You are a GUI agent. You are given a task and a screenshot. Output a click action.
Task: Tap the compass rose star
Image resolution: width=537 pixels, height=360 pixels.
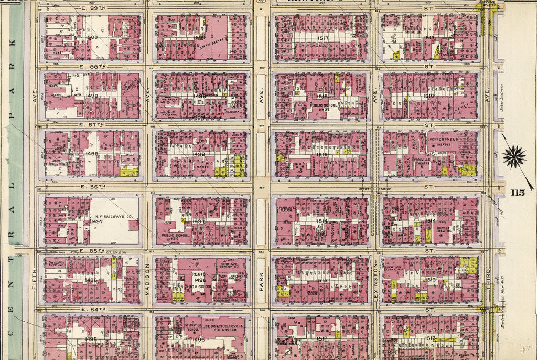pos(515,156)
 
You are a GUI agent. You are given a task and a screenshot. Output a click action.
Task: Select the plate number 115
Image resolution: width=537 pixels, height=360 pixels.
pos(518,193)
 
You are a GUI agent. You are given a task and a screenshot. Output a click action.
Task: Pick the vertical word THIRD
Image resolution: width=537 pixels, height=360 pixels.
pos(488,278)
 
